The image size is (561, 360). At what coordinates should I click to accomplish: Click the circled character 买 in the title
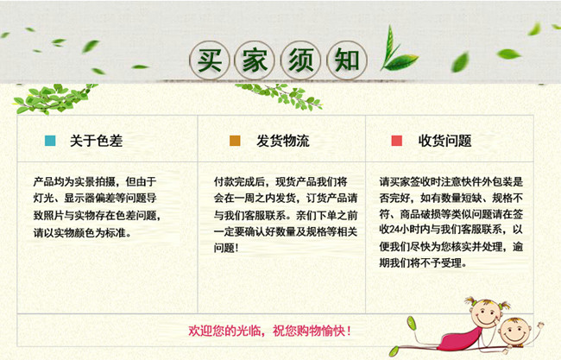(x=210, y=60)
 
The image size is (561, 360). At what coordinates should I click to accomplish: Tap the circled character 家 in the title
(x=255, y=60)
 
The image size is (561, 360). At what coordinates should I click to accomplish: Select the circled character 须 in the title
(x=301, y=60)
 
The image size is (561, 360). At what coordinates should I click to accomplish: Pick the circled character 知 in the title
(x=347, y=60)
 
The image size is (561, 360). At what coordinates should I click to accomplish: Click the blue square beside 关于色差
(x=50, y=141)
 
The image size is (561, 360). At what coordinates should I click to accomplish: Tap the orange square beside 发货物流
(x=235, y=141)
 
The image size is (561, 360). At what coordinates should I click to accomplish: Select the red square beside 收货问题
(x=396, y=141)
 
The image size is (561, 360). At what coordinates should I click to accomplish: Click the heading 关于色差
(x=97, y=141)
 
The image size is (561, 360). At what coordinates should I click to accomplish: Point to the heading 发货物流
(x=282, y=141)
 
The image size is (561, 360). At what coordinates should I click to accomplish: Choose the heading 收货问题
(x=444, y=141)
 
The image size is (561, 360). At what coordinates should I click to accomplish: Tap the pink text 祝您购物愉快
(x=309, y=331)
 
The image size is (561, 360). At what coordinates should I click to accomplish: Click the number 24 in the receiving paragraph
(x=394, y=230)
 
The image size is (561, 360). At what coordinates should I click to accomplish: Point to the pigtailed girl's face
(x=485, y=313)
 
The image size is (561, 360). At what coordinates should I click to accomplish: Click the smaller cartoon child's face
(x=514, y=332)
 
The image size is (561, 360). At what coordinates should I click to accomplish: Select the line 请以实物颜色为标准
(x=83, y=233)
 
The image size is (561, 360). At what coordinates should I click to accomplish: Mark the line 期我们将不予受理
(x=423, y=263)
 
